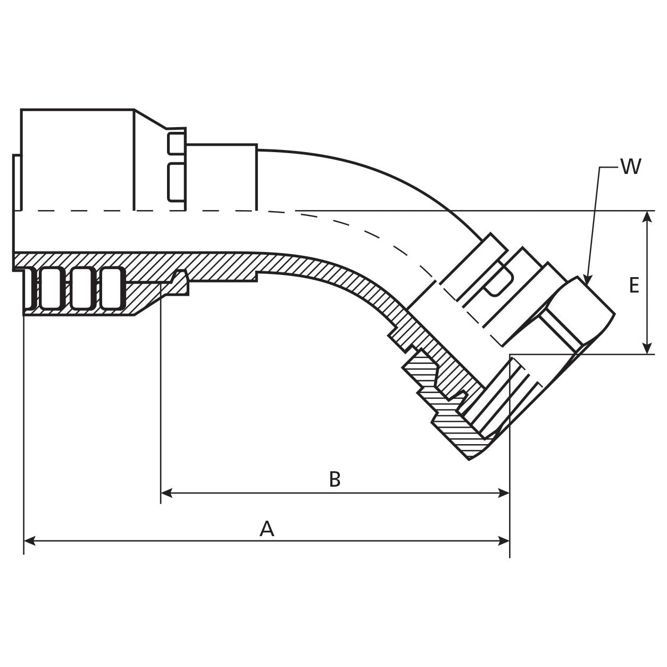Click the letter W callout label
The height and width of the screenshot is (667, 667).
(631, 167)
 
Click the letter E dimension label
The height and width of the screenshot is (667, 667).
(633, 286)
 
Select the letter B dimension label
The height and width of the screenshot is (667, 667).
(335, 479)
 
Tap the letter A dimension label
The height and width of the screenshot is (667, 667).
(266, 529)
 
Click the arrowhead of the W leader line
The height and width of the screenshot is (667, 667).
(587, 280)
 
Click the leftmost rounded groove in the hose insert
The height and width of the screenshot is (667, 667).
(30, 288)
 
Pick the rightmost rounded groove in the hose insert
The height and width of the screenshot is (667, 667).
(112, 288)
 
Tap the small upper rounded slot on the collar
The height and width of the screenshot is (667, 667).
(177, 144)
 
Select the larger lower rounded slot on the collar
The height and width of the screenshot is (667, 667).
(177, 182)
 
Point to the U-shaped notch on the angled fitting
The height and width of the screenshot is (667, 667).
(498, 281)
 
